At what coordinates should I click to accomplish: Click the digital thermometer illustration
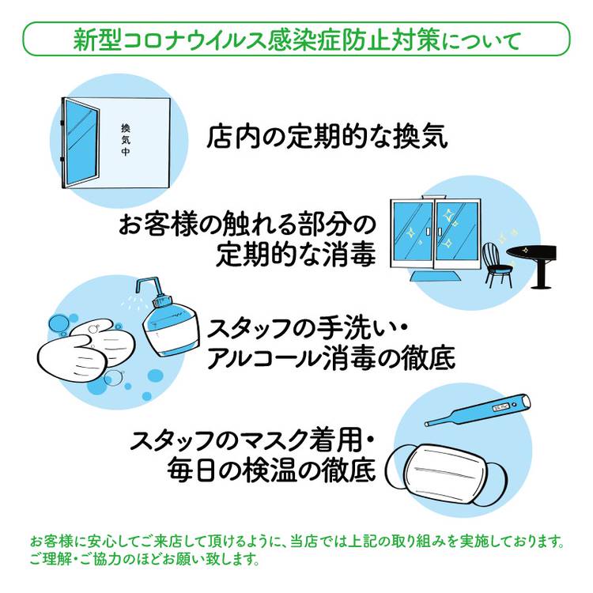tap(478, 410)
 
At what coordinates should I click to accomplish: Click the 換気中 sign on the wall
tap(126, 139)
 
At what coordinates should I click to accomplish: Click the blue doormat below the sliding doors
tap(432, 276)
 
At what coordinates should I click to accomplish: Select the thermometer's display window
tap(500, 408)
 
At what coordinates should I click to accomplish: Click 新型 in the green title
tap(97, 40)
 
